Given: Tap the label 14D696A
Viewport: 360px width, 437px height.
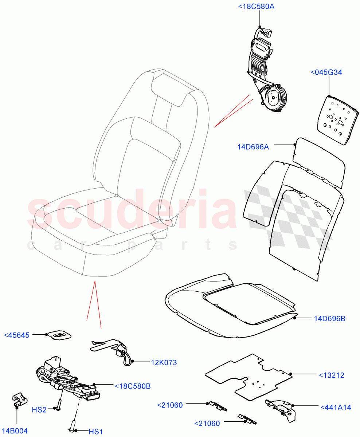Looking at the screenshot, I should pos(253,147).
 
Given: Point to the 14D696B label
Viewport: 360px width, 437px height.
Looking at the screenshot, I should pos(329,319).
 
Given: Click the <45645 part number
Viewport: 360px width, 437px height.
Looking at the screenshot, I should pos(16,335).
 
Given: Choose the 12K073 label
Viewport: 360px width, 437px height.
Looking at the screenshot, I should pos(164,362).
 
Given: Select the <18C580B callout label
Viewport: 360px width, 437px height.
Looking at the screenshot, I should pos(132,386).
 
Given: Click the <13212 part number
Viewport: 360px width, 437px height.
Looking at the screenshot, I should pos(332,375).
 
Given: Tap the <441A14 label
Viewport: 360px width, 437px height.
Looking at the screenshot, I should pos(336,408).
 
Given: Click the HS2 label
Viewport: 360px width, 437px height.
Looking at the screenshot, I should pos(49,410).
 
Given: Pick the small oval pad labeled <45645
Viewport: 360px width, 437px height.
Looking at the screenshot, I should pos(59,335).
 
